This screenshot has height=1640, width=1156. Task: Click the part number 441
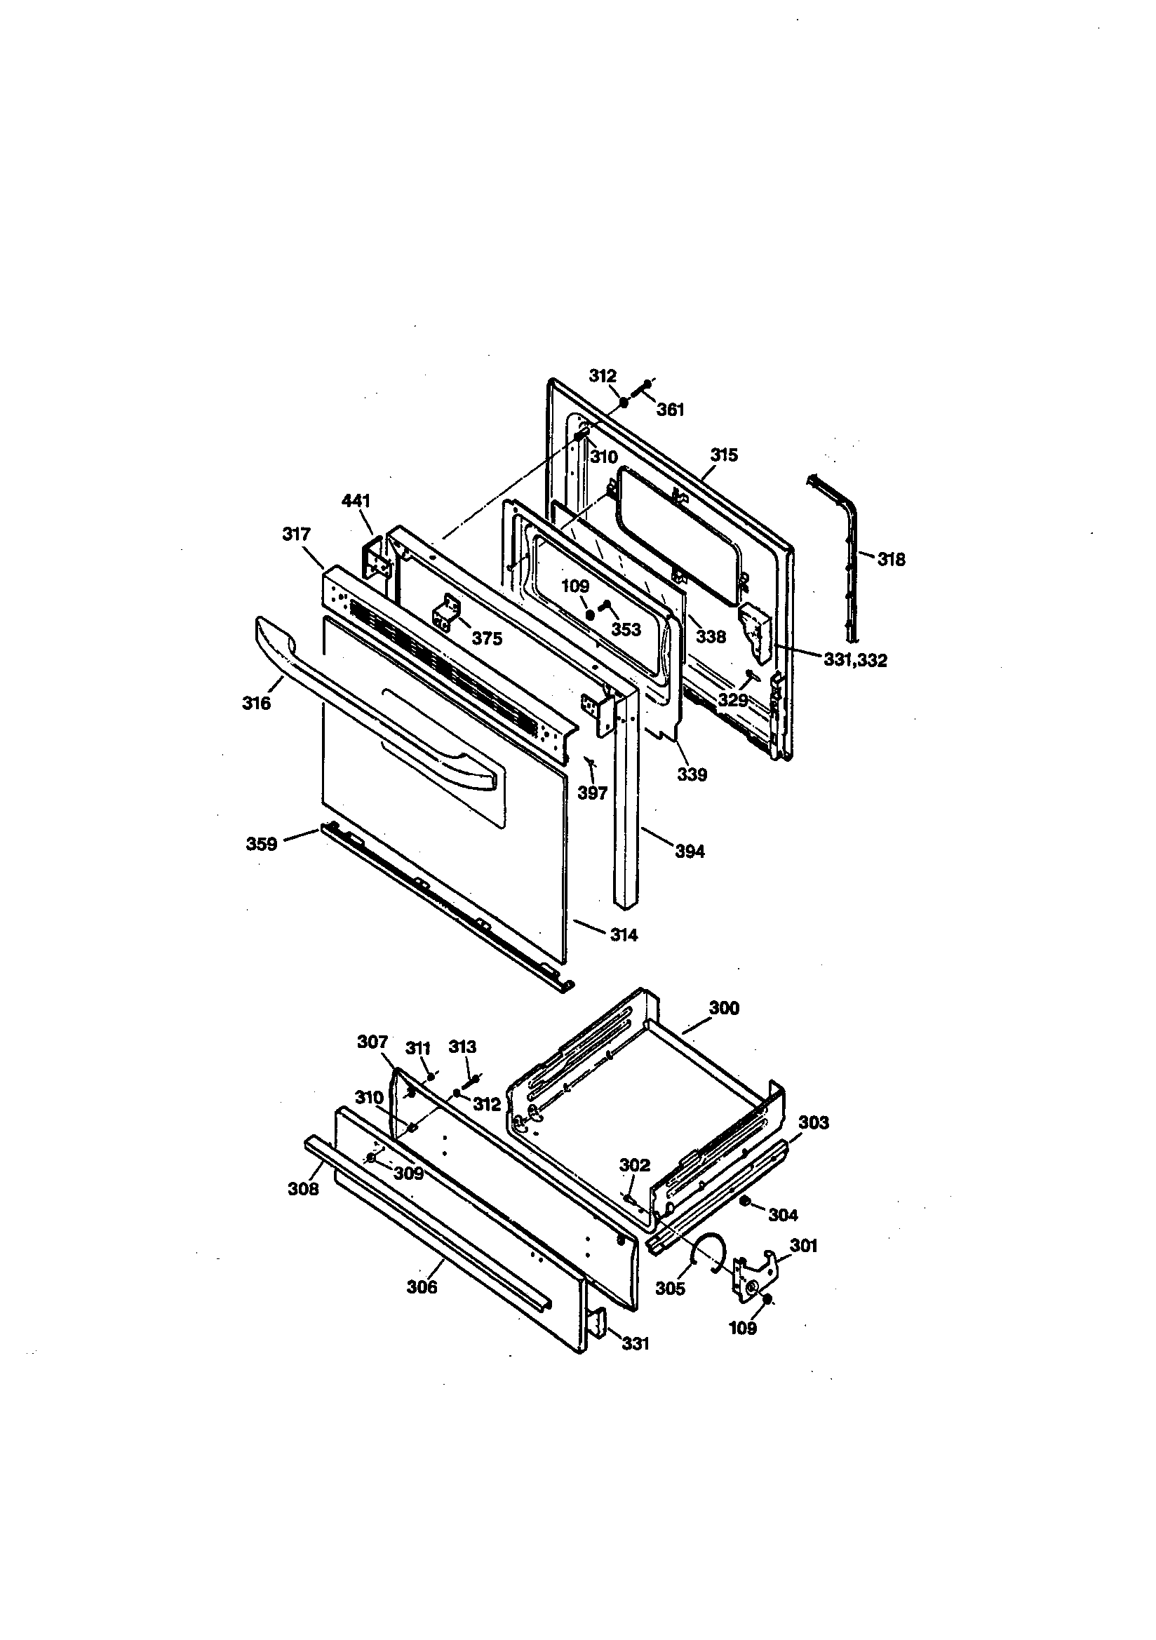click(355, 501)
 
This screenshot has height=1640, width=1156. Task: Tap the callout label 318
click(891, 559)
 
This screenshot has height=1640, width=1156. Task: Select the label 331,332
click(855, 660)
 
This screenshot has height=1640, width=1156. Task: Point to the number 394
click(690, 851)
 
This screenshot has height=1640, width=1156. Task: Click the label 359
click(262, 845)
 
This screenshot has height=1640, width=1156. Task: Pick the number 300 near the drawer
click(724, 1008)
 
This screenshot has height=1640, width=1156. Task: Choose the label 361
click(670, 409)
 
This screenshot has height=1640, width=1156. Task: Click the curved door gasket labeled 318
click(850, 550)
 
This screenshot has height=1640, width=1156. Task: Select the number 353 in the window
click(626, 629)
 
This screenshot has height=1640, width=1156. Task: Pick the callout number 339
click(692, 774)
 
